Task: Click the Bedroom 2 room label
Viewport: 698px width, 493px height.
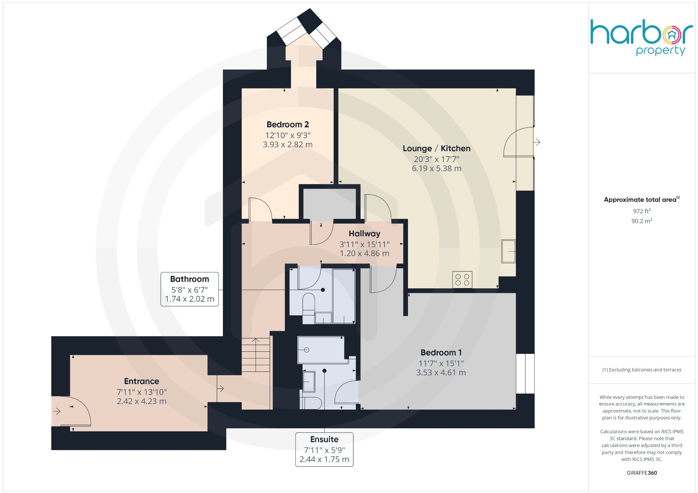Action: (x=287, y=125)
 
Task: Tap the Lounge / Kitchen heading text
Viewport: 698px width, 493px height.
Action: (x=436, y=148)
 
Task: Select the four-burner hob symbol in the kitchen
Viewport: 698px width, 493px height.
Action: (x=462, y=280)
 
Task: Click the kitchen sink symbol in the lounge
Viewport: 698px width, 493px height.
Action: (x=508, y=251)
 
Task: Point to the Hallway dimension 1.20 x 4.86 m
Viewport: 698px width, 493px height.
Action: (x=364, y=253)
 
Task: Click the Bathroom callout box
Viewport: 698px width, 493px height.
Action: (x=189, y=289)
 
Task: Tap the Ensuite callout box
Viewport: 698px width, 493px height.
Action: (x=324, y=449)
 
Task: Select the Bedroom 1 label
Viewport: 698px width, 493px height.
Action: (x=441, y=353)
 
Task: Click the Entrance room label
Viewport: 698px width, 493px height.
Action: (x=141, y=381)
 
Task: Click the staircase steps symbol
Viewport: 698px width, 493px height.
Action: (x=256, y=357)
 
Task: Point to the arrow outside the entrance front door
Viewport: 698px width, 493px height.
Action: (x=57, y=411)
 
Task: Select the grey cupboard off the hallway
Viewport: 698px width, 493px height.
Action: (x=329, y=204)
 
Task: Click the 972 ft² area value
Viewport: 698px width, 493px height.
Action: (x=641, y=211)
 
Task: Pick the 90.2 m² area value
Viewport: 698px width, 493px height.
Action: (x=641, y=221)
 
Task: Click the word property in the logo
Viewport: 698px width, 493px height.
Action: (x=660, y=51)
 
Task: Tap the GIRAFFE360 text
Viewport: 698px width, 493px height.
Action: (x=641, y=473)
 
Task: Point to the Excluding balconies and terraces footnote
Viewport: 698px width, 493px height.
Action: (x=641, y=370)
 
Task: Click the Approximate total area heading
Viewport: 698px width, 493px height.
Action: (x=640, y=200)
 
